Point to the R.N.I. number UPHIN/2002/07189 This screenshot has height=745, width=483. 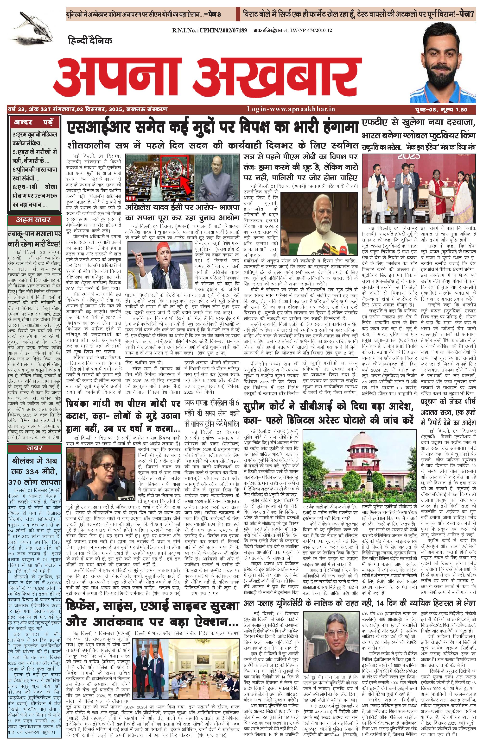(210, 30)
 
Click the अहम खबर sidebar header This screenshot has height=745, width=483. (33, 220)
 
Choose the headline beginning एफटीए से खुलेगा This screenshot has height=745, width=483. (419, 129)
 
